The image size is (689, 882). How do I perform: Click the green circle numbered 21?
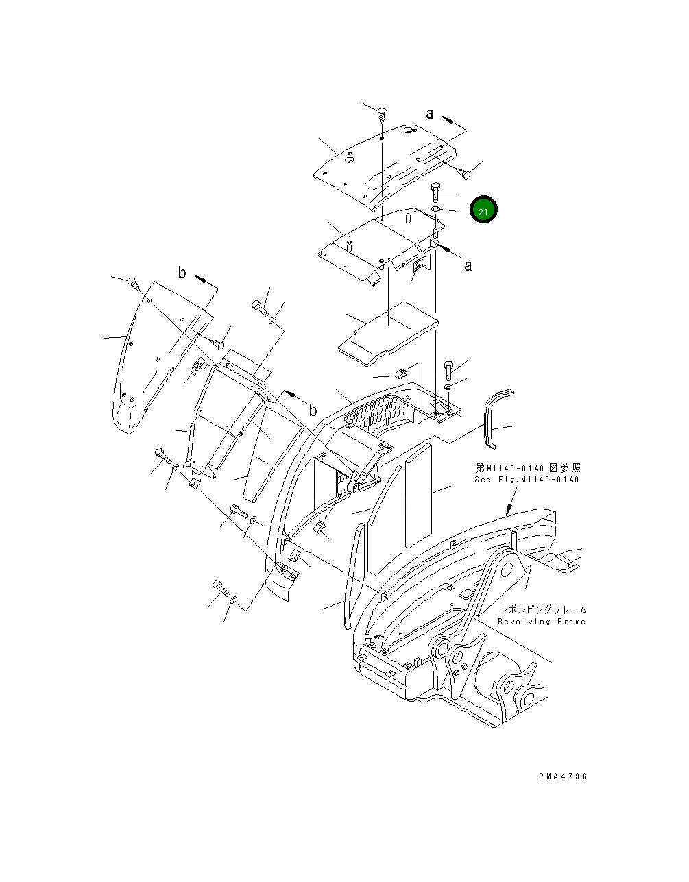tap(483, 210)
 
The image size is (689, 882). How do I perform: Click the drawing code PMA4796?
tap(563, 776)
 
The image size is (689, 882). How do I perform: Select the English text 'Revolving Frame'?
tap(542, 622)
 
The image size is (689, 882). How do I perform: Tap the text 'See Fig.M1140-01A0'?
tap(527, 480)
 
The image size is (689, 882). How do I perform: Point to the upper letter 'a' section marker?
tap(430, 114)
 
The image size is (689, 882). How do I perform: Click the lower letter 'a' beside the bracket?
tap(468, 265)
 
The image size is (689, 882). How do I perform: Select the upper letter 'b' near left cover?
tap(182, 273)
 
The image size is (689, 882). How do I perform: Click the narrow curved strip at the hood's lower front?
tap(352, 576)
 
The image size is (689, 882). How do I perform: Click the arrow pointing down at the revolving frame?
tap(509, 508)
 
